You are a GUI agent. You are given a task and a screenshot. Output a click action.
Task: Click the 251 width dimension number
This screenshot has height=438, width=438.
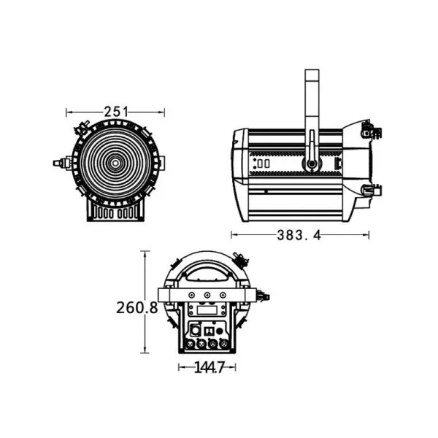point(115,112)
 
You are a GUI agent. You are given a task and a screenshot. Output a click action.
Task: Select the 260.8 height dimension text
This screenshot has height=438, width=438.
point(137,307)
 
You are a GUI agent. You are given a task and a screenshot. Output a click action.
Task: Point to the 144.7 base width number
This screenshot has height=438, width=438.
point(209,368)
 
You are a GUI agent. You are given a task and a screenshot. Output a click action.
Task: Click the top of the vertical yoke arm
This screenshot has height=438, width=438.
point(312,73)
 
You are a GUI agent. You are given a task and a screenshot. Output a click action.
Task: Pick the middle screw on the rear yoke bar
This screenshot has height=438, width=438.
point(207,296)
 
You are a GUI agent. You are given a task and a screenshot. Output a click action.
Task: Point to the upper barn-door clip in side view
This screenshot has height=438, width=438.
point(369,131)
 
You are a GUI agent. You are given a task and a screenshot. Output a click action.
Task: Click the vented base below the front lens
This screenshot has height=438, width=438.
point(115,211)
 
